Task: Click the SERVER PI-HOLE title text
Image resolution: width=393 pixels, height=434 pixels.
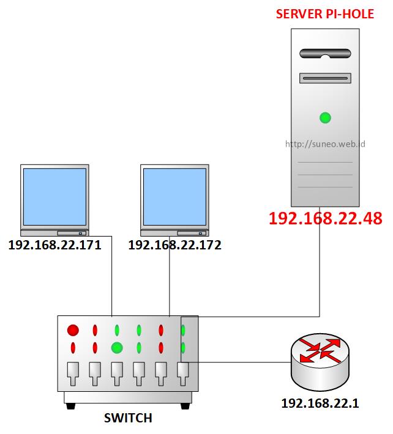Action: (325, 13)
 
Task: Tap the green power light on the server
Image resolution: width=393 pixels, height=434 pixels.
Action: (325, 117)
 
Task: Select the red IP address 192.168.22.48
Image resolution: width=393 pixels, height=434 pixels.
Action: (325, 218)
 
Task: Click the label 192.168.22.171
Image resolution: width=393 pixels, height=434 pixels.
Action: (54, 246)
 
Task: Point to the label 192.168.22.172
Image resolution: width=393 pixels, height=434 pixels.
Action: (174, 246)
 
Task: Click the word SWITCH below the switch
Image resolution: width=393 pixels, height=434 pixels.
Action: (128, 419)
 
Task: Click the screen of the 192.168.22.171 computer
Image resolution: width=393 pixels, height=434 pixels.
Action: (54, 196)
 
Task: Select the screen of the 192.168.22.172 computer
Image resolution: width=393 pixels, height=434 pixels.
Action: (174, 196)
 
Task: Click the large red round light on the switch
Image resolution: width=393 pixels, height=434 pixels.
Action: (73, 331)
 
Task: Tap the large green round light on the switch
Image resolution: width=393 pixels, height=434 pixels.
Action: (117, 348)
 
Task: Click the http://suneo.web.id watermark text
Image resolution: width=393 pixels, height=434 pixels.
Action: (325, 145)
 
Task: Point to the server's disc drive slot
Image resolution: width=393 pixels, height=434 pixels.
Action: (325, 78)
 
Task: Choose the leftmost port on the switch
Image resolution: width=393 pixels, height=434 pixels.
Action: (73, 372)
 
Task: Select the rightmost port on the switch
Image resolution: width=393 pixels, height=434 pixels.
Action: (183, 372)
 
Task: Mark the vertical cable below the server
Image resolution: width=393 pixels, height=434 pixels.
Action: (320, 269)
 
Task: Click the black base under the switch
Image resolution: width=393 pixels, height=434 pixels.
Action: (128, 405)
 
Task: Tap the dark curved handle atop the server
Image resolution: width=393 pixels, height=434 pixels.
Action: (325, 53)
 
